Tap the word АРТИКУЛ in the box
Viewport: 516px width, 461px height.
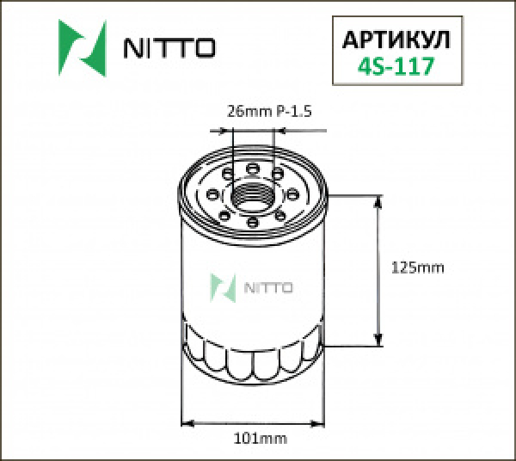tap(396, 40)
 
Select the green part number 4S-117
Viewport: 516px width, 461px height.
tap(396, 65)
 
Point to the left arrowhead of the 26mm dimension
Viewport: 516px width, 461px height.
tap(228, 132)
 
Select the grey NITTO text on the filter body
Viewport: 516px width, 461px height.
tap(269, 287)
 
